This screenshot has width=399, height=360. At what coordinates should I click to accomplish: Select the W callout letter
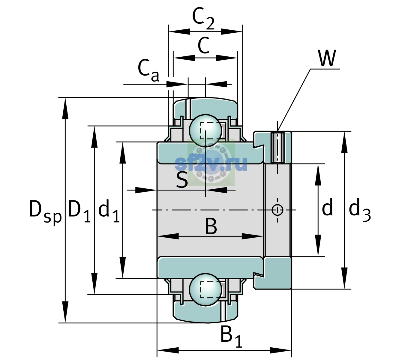[x=327, y=58]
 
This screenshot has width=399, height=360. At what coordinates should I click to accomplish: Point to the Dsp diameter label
[x=45, y=212]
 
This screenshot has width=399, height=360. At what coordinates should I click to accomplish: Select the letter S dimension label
[x=182, y=180]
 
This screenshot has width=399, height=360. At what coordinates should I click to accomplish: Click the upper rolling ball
[x=205, y=130]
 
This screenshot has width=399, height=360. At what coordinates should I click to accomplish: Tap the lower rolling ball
[x=205, y=289]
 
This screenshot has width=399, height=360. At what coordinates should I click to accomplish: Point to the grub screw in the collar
[x=278, y=148]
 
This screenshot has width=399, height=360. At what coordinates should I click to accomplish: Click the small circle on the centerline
[x=277, y=210]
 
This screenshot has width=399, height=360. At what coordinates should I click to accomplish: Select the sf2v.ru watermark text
[x=211, y=163]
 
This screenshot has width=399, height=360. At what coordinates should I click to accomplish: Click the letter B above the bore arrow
[x=211, y=226]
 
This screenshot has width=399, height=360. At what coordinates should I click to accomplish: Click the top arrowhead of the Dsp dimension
[x=65, y=108]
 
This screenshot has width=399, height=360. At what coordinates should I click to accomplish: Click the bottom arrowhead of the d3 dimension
[x=344, y=278]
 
